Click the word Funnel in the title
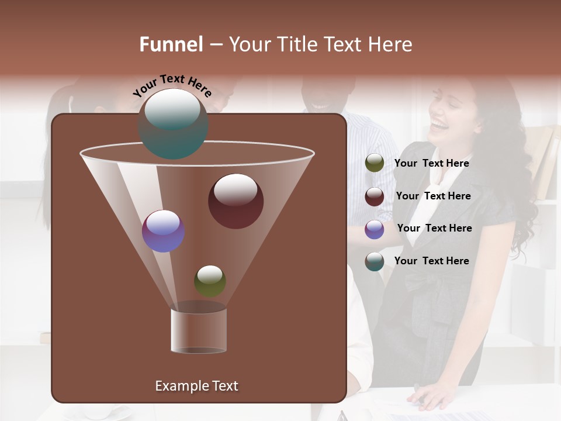click(x=171, y=44)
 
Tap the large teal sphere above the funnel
click(x=173, y=123)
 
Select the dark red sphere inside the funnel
click(x=236, y=201)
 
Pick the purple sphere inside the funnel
click(x=163, y=231)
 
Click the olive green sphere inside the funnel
click(x=210, y=281)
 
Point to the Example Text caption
click(x=197, y=386)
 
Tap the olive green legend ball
click(x=375, y=163)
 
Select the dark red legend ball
click(x=375, y=196)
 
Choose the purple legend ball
click(x=375, y=229)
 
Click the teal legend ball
click(x=375, y=261)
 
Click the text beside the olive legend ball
click(x=431, y=164)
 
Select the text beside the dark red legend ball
click(x=433, y=196)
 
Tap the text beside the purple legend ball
click(x=434, y=229)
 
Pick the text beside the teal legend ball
click(x=431, y=261)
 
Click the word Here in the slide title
click(x=388, y=44)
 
